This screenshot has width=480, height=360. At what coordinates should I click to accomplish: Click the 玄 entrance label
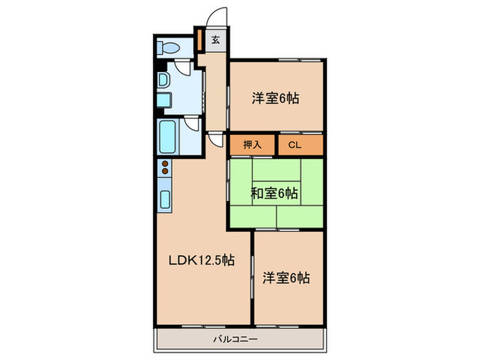coord(215,39)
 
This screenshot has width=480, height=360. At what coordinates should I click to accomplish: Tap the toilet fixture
coord(169,47)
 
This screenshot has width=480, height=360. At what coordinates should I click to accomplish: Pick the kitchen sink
coord(165,200)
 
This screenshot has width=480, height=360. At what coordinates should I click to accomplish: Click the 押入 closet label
coord(252,145)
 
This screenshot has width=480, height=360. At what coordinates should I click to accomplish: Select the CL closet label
coord(294,145)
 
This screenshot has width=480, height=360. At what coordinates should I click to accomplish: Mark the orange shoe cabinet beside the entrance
coord(199,39)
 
